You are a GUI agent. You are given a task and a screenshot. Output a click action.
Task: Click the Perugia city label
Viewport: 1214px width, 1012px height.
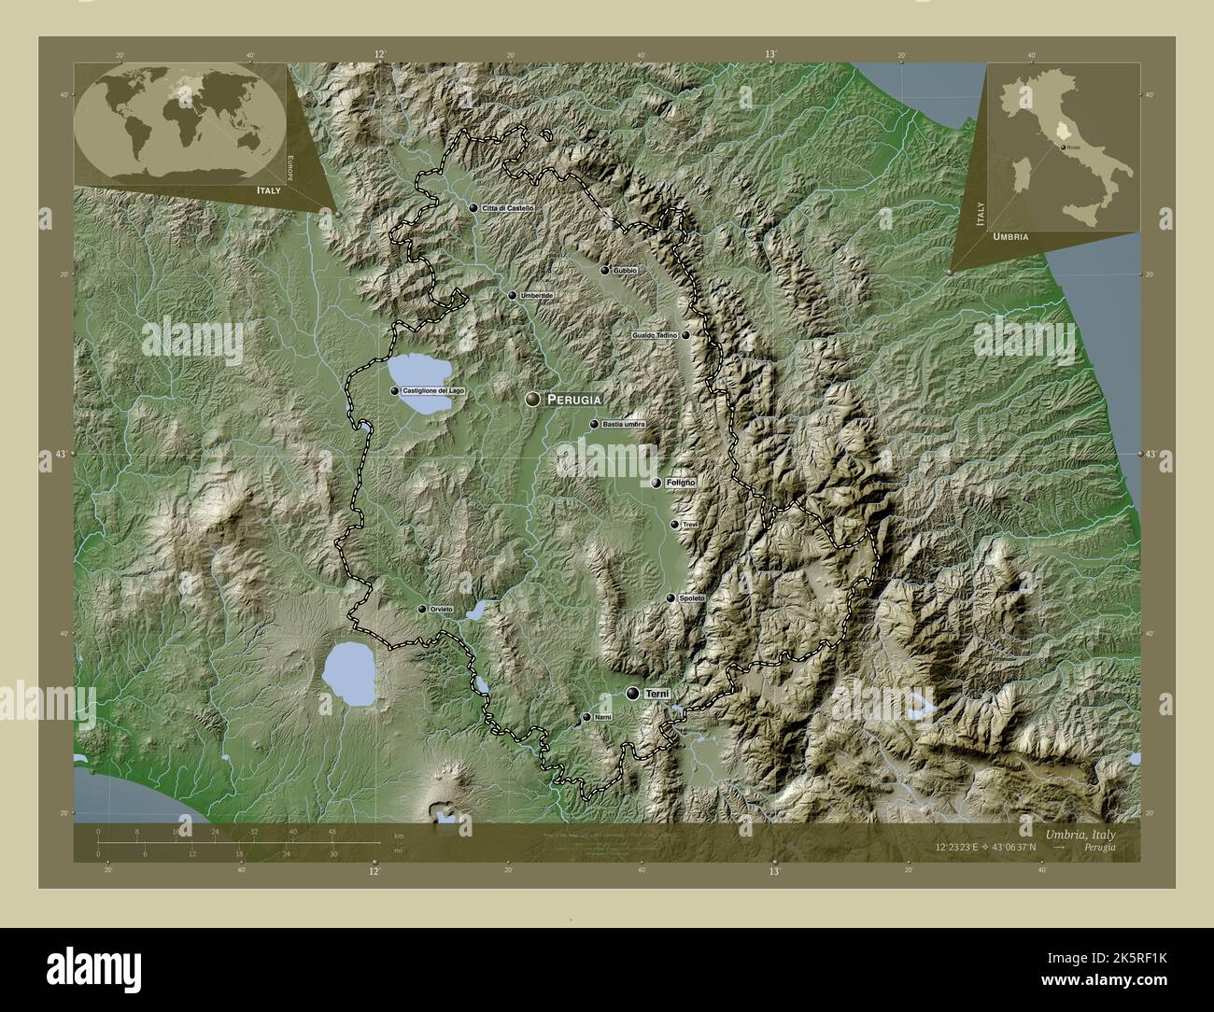(573, 400)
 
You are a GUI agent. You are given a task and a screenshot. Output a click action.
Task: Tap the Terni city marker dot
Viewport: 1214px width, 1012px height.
(634, 694)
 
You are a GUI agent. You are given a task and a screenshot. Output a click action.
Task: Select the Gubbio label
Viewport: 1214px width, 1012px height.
(626, 271)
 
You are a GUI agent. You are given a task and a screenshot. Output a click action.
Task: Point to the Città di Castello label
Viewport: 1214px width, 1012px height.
(508, 208)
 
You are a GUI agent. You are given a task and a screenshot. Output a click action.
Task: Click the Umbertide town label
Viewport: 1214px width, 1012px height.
(536, 296)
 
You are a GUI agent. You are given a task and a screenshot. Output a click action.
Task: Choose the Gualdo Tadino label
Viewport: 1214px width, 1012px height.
(655, 334)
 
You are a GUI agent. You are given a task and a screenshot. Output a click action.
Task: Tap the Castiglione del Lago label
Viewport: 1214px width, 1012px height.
(433, 391)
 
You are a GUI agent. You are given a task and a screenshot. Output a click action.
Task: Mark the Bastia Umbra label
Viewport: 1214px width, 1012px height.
(623, 425)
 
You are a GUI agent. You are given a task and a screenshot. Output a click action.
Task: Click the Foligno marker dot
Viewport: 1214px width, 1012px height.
(656, 483)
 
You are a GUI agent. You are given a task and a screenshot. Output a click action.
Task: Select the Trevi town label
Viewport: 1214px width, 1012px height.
(690, 526)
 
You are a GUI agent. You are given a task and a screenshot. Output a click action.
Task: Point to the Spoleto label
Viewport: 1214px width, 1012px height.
(692, 598)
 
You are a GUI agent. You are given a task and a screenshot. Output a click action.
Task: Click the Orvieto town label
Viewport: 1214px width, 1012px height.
(442, 610)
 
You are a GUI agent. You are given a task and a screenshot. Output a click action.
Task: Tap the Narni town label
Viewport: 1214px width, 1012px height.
(602, 718)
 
